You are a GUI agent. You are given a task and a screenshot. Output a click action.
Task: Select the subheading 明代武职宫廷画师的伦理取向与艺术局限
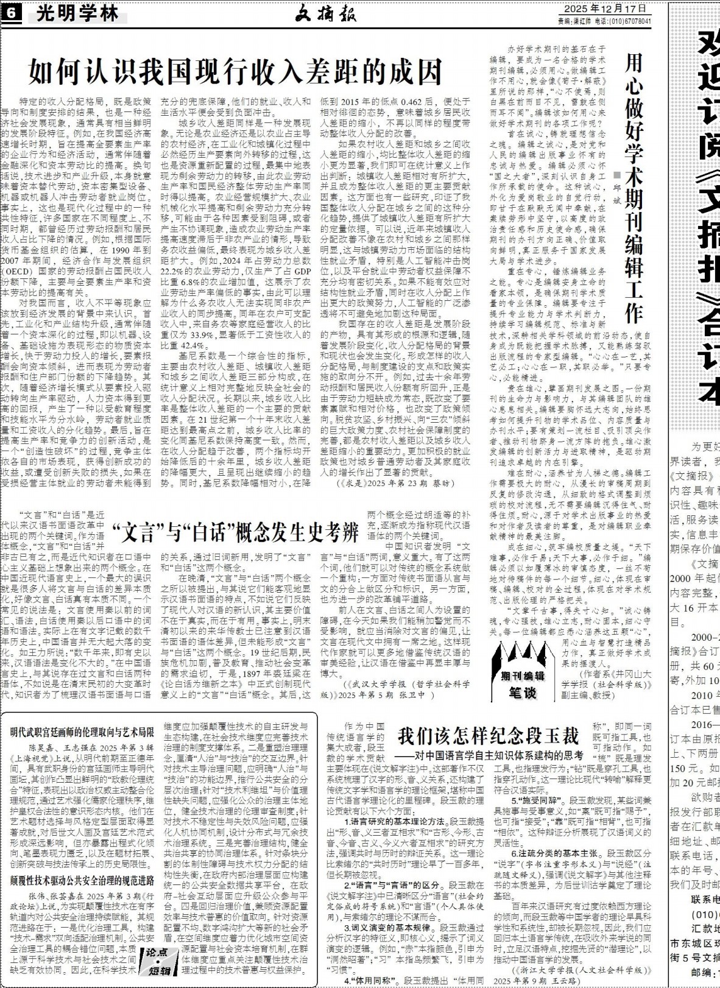point(82,732)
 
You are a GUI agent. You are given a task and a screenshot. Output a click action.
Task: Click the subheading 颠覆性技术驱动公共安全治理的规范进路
point(82,881)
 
